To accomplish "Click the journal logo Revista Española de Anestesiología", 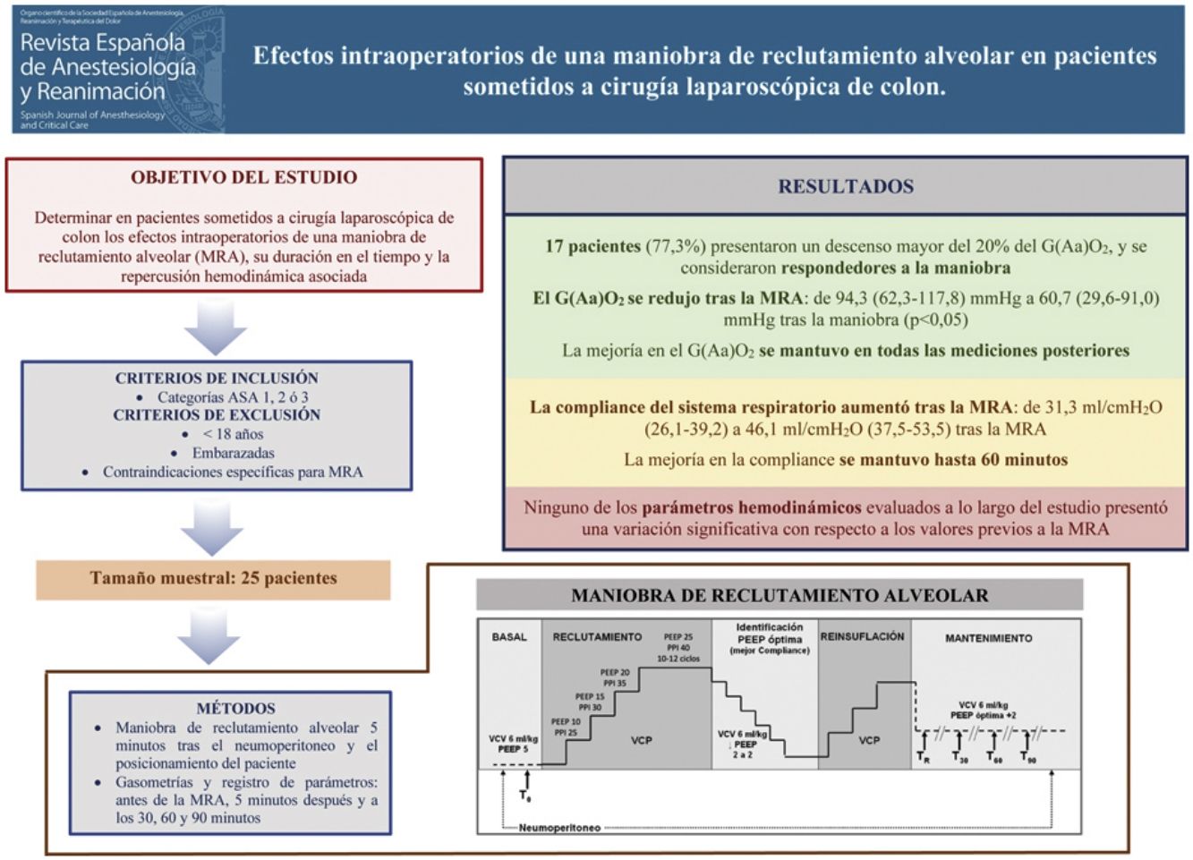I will (116, 69).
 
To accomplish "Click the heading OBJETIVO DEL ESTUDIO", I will (243, 177).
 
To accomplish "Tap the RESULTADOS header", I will (845, 187).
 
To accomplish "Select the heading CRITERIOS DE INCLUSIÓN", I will (217, 378).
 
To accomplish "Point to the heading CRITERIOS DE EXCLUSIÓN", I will (217, 415).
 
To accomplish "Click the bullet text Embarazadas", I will (233, 453).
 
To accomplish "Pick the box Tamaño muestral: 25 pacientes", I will (213, 579).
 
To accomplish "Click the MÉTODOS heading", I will (235, 708).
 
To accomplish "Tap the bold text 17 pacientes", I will (592, 246).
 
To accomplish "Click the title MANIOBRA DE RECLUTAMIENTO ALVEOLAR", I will (779, 596).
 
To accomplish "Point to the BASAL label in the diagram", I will (509, 637).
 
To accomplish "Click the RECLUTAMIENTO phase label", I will (597, 637).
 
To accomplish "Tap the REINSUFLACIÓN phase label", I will (863, 636).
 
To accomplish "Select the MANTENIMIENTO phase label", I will (988, 638).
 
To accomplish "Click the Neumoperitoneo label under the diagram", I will (559, 828).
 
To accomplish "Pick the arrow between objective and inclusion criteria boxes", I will (215, 328).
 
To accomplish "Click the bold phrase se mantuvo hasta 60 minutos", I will (953, 460).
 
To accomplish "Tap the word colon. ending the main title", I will (916, 87).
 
